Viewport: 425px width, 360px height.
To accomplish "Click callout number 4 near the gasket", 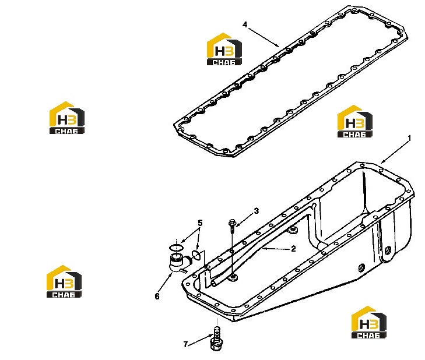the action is click(x=245, y=24).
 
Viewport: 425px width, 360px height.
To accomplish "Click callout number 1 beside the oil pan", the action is click(x=409, y=139).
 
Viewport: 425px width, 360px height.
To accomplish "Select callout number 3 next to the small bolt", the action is click(x=256, y=211).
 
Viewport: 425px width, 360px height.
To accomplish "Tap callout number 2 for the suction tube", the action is click(x=293, y=249).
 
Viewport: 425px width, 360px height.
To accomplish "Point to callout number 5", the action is click(x=200, y=223).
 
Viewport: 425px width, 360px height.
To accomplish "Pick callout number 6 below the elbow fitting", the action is click(x=157, y=297).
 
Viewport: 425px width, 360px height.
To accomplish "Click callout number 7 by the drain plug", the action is click(x=185, y=344).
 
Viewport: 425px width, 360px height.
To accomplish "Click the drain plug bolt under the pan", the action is click(x=216, y=339).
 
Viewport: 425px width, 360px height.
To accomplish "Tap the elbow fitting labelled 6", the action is click(x=178, y=262).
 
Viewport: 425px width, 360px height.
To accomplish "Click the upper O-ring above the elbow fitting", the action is click(x=176, y=248).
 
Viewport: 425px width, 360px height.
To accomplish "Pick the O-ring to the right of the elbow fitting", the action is click(x=196, y=255).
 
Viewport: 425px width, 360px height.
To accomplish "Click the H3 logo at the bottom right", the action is click(x=368, y=322).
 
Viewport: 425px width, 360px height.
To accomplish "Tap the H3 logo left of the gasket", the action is click(x=224, y=49).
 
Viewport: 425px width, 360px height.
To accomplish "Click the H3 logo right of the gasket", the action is click(x=355, y=121).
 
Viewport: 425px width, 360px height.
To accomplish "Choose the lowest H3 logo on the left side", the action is click(x=64, y=281).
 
